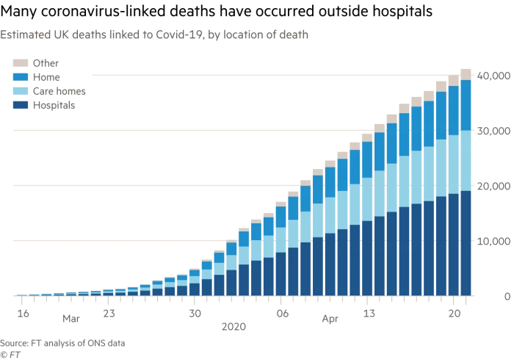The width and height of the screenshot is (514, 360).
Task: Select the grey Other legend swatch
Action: click(21, 64)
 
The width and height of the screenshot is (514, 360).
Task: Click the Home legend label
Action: click(46, 77)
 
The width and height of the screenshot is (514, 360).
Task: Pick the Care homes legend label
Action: click(59, 91)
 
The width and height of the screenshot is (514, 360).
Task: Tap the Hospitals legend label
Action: click(54, 105)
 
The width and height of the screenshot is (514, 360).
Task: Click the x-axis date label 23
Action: click(109, 313)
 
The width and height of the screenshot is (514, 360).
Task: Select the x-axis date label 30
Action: click(195, 313)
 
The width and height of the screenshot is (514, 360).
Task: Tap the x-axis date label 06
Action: click(282, 313)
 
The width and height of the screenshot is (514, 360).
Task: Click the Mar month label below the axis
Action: click(70, 320)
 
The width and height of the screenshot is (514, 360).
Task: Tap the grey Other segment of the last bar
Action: click(466, 73)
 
